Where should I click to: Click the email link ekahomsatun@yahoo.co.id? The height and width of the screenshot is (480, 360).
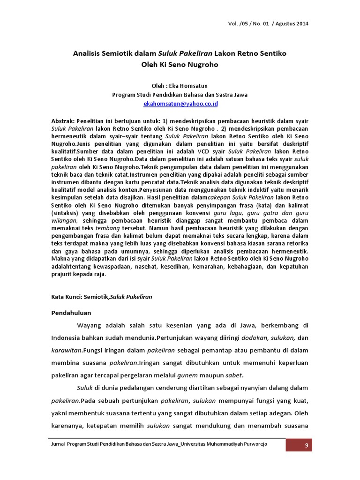click(180, 103)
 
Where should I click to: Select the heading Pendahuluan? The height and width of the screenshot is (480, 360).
click(71, 313)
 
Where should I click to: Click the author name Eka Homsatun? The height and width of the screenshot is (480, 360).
click(190, 85)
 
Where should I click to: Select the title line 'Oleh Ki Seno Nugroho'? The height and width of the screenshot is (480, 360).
click(180, 65)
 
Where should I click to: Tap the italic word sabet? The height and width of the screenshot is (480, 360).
click(235, 375)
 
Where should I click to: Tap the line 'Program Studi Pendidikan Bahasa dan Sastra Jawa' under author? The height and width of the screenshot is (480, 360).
click(180, 94)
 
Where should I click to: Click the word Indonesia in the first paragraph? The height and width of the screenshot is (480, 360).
click(68, 337)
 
